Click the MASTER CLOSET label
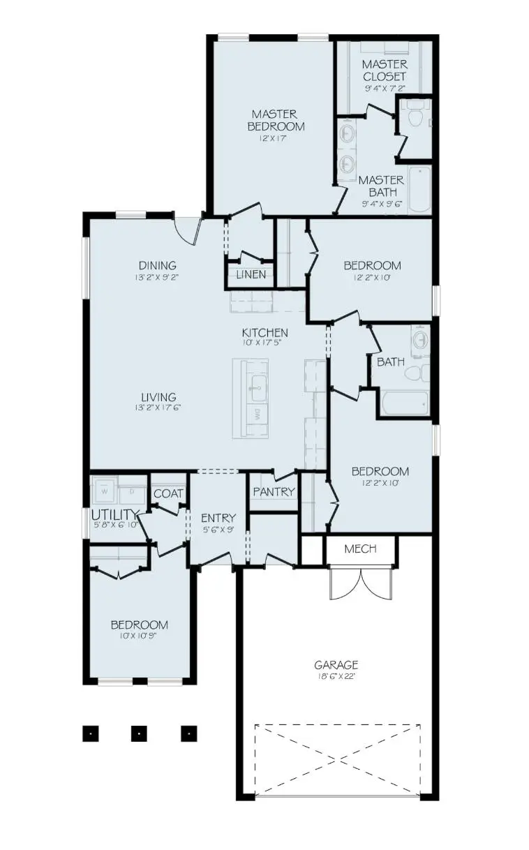pos(384,70)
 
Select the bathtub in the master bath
pos(419,189)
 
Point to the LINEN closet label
pos(251,274)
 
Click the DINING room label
pos(157,265)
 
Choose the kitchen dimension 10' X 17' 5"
pos(265,343)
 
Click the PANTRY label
pos(274,491)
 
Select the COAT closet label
pos(168,493)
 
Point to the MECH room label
pos(361,549)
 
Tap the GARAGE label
pos(336,665)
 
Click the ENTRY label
pos(218,518)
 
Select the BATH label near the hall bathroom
pos(391,362)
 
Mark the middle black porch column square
pos(140,733)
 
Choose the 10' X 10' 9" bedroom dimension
pos(140,636)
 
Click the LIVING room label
pos(157,397)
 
